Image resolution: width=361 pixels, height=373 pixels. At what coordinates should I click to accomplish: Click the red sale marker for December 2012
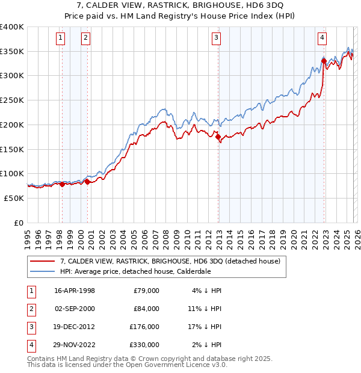pyautogui.click(x=218, y=137)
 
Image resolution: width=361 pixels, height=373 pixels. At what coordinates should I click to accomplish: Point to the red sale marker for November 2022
pyautogui.click(x=324, y=61)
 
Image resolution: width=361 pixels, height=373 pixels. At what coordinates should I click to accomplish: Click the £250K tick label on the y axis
pyautogui.click(x=11, y=100)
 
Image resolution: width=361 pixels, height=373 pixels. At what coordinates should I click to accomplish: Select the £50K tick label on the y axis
pyautogui.click(x=13, y=198)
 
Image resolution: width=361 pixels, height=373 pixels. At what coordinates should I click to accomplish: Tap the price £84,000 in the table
pyautogui.click(x=146, y=309)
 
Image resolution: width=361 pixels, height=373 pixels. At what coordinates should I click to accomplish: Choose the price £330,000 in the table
pyautogui.click(x=144, y=345)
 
